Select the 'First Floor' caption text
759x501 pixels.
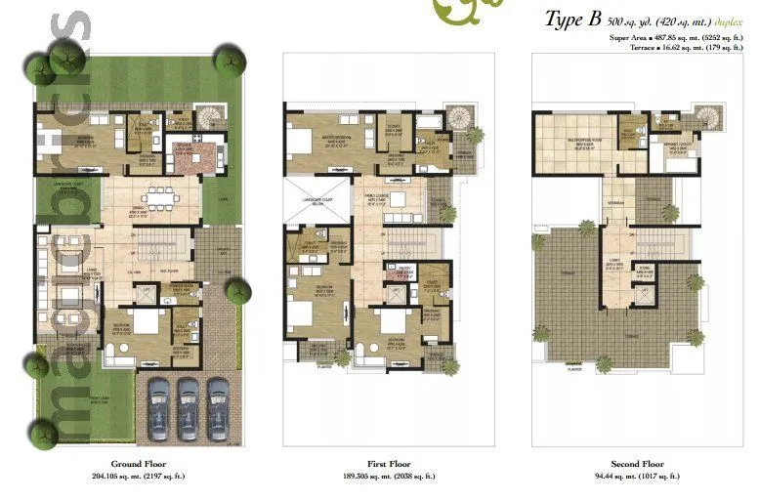click(390, 464)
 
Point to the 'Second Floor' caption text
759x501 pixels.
click(639, 464)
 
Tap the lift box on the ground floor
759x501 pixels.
click(149, 290)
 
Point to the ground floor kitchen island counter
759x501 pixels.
click(200, 157)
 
